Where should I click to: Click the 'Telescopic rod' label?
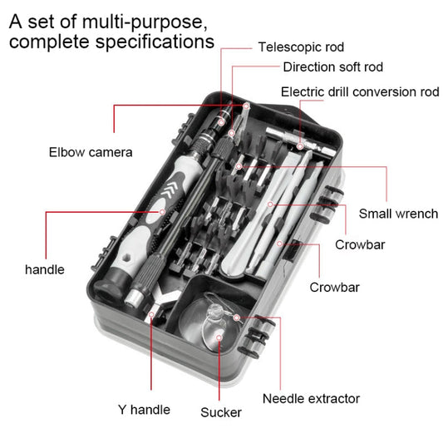coord(300,47)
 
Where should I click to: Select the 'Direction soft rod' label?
coord(332,67)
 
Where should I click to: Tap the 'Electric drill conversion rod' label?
coord(359,91)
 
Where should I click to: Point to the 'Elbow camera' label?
coord(91,152)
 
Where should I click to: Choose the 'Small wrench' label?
coord(398,214)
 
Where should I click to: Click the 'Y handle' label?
coord(144,409)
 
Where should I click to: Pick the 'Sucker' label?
coord(221,412)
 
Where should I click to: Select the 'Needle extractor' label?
coord(311,398)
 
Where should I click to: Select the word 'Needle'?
coord(283,398)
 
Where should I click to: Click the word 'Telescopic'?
coord(287,47)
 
